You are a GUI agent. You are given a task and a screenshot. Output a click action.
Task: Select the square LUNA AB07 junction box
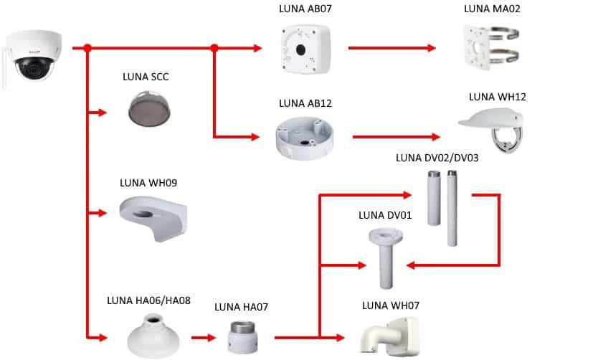coord(306,48)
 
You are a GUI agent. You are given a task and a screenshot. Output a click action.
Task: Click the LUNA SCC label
coord(147,77)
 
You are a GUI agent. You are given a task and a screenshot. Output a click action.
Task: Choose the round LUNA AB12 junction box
coord(305,138)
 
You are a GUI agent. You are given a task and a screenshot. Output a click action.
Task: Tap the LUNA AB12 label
coord(305,103)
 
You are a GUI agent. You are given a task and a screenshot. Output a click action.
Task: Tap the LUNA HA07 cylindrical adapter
coord(239,334)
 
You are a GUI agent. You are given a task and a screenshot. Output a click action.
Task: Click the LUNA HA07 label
coord(241,307)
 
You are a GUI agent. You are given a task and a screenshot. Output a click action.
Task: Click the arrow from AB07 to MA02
coord(391,48)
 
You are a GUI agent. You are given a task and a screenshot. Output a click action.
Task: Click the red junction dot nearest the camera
coord(87,48)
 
